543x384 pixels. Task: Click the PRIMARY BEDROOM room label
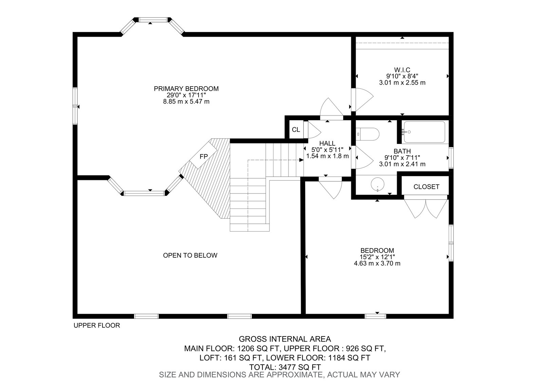(x=186, y=89)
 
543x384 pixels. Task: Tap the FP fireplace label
(x=204, y=157)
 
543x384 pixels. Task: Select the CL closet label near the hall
(x=296, y=130)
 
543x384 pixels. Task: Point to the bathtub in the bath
(x=425, y=132)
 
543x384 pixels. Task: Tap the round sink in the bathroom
(x=377, y=184)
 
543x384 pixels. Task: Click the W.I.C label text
(x=402, y=70)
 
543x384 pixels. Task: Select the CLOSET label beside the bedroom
(x=426, y=187)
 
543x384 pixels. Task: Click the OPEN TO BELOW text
(x=190, y=255)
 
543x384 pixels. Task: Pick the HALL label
(x=327, y=143)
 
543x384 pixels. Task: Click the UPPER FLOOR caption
(x=97, y=326)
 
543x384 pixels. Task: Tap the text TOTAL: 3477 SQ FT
(x=285, y=367)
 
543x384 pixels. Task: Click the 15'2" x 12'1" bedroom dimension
(x=377, y=257)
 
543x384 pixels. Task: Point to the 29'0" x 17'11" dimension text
(x=186, y=95)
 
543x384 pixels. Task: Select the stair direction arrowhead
(x=301, y=160)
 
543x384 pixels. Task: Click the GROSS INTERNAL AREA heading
(x=285, y=339)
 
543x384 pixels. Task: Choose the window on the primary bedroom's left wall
(x=75, y=106)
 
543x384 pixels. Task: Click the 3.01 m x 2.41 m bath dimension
(x=402, y=164)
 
